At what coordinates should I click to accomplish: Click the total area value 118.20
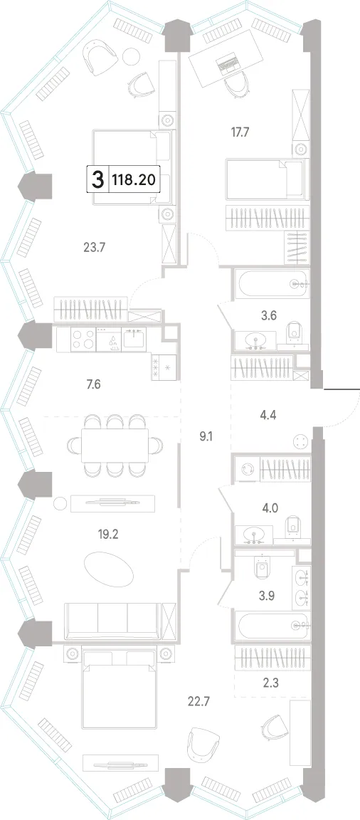pos(133,180)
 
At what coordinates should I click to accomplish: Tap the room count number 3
pos(97,181)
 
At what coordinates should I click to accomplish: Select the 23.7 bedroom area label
pos(95,246)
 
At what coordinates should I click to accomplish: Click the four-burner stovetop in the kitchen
pos(83,340)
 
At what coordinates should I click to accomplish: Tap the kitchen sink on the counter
pos(134,340)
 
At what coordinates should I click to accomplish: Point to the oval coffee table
pos(109,569)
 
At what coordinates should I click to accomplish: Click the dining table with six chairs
pos(115,445)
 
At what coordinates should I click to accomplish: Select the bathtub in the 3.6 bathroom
pos(271,285)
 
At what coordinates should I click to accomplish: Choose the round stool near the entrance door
pos(300,441)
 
